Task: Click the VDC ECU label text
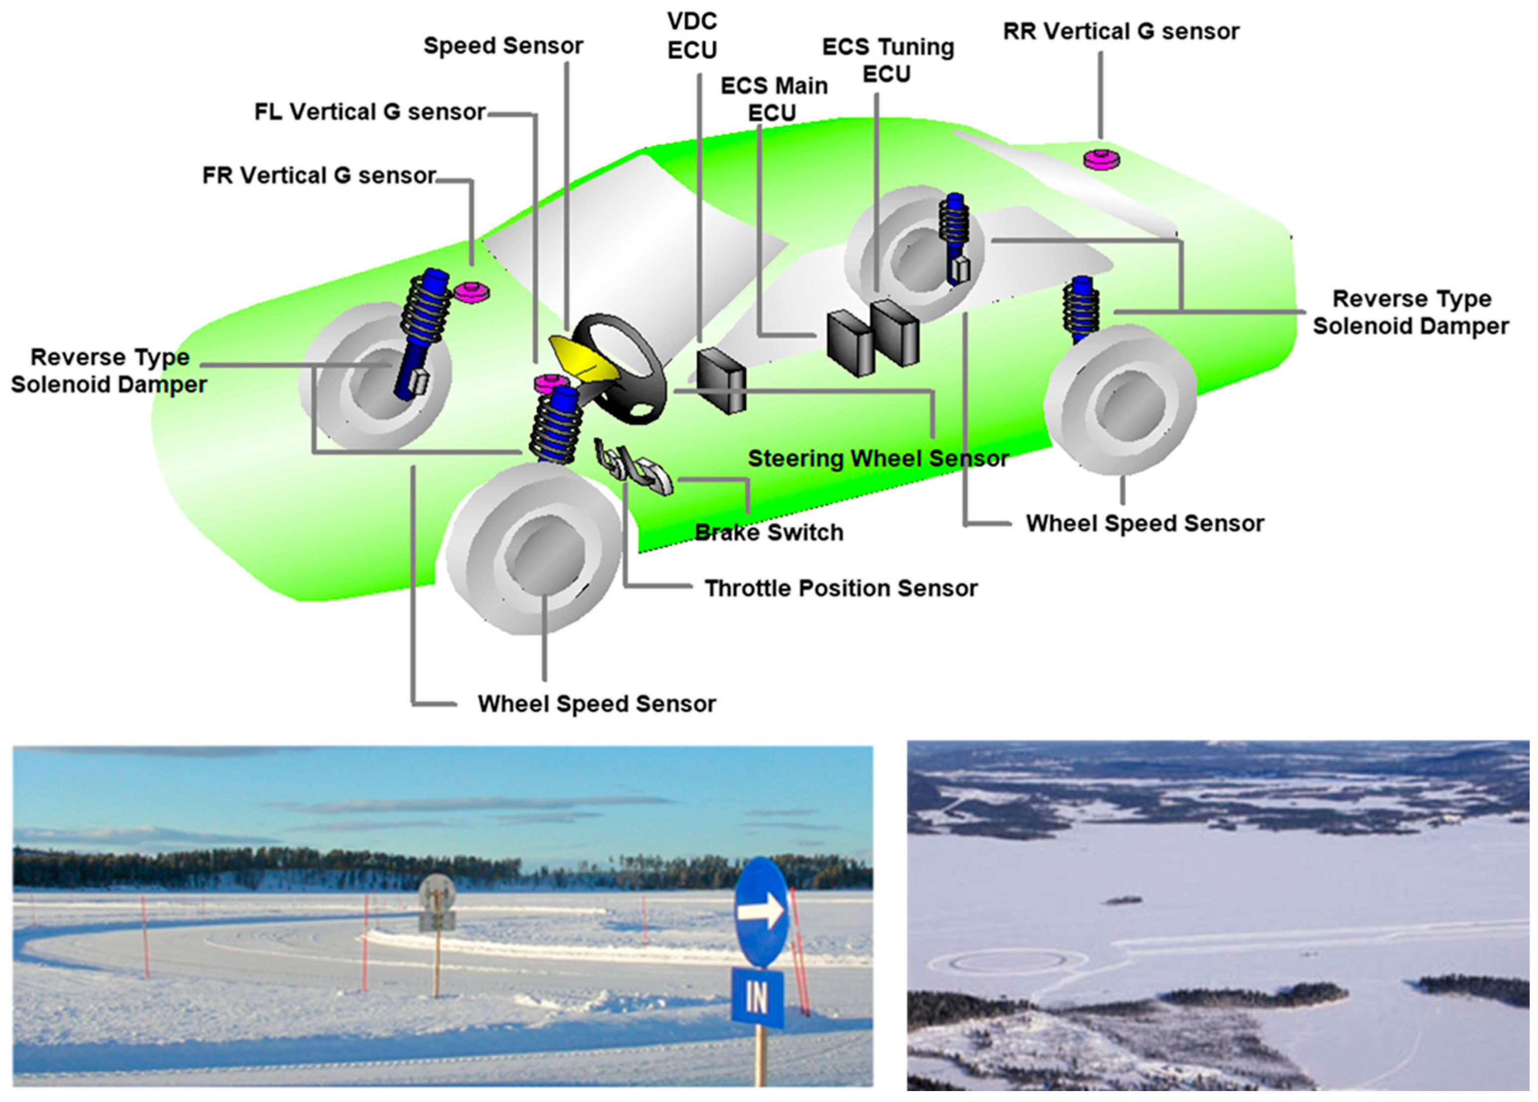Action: (692, 35)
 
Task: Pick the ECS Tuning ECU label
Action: (887, 60)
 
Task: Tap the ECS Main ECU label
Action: (774, 99)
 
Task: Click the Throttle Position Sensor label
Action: (841, 588)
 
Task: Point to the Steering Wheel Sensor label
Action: (878, 459)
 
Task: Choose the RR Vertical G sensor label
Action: (1121, 32)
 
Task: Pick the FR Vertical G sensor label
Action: (319, 176)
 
